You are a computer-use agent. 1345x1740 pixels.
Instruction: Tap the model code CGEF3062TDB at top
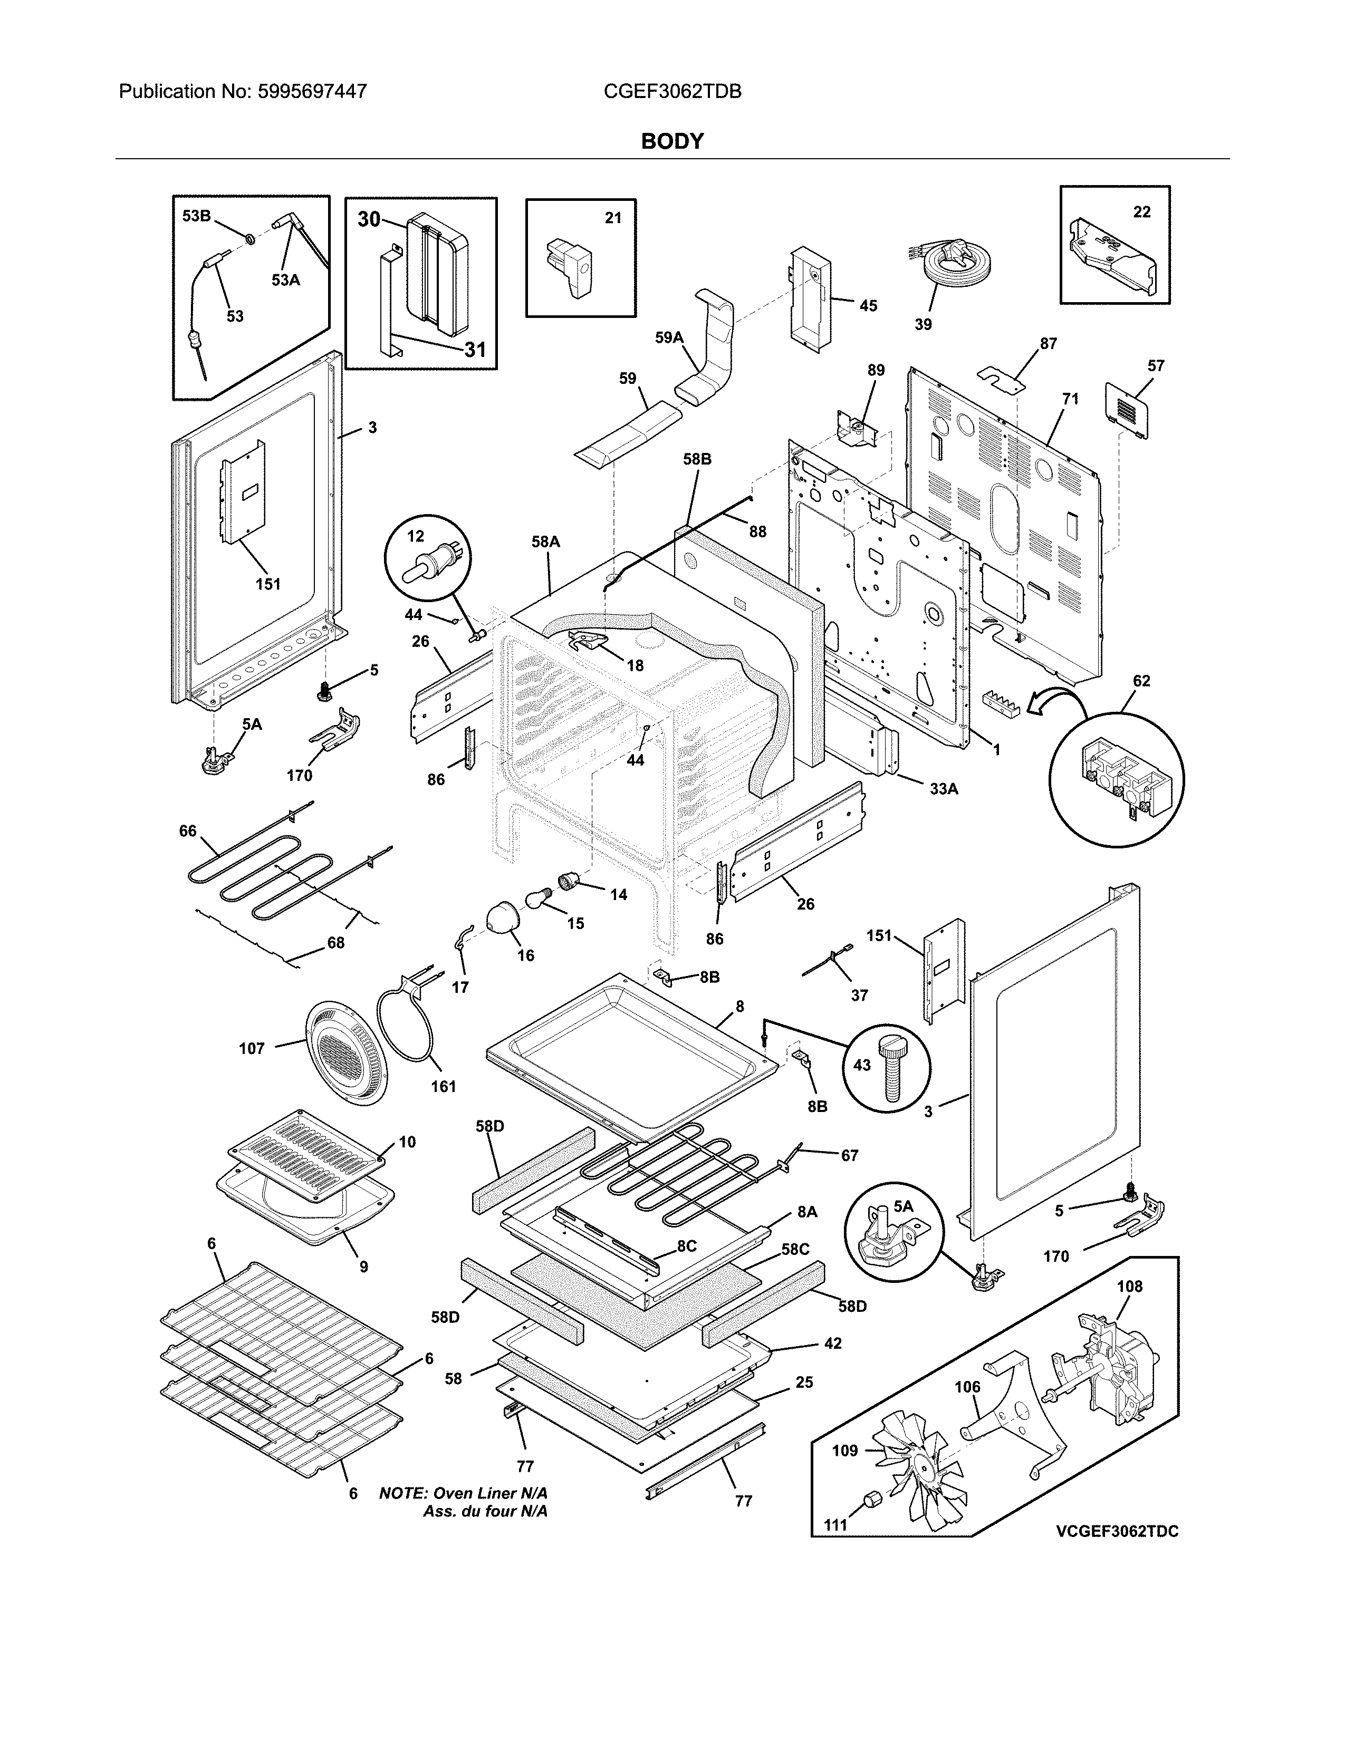pos(672,92)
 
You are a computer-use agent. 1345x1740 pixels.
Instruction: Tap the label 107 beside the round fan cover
pos(252,1048)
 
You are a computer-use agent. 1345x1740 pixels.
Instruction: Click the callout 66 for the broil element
pos(187,831)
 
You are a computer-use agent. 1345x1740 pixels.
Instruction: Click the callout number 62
pos(1141,681)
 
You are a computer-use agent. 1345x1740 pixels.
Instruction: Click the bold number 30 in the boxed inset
pos(369,219)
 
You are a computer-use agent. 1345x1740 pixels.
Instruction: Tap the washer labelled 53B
pos(250,238)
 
